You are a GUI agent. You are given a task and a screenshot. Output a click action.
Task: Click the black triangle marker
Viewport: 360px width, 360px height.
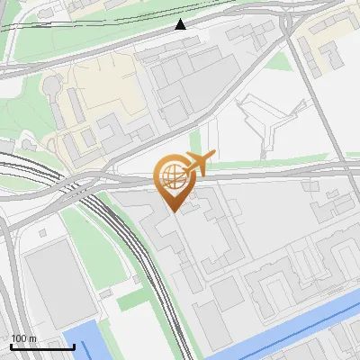click(181, 24)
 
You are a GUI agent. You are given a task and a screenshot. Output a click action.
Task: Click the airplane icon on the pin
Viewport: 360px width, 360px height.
click(198, 163)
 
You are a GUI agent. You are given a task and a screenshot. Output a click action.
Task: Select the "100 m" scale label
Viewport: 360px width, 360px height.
click(24, 338)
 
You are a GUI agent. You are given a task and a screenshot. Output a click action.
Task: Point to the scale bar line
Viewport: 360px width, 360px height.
click(42, 346)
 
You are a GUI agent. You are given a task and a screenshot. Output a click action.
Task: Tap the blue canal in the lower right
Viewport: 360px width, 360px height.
click(297, 328)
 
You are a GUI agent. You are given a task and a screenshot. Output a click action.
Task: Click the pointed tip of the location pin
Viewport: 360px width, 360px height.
click(174, 211)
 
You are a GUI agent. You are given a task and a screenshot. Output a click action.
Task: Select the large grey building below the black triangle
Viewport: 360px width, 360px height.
click(193, 85)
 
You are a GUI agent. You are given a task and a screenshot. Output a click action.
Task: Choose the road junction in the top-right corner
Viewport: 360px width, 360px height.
click(289, 20)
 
